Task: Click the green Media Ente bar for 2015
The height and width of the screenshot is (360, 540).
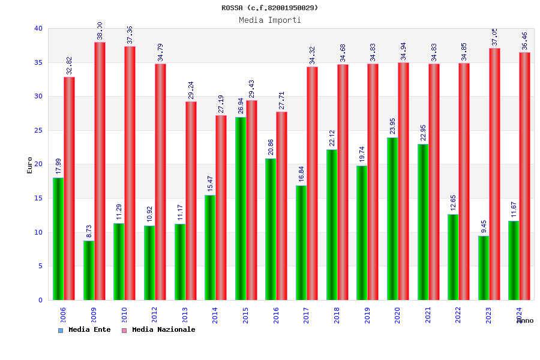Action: (241, 208)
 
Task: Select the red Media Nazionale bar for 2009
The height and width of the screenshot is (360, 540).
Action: (100, 171)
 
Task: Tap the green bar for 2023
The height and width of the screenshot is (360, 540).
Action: (484, 268)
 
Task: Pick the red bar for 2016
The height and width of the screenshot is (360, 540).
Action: (282, 206)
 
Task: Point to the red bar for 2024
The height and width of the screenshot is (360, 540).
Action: (525, 176)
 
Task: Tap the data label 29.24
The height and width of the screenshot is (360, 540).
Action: (191, 87)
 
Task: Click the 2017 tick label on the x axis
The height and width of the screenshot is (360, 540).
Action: (307, 316)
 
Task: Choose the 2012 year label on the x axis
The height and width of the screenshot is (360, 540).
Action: (155, 316)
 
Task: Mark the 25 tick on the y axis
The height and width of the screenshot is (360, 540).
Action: (38, 130)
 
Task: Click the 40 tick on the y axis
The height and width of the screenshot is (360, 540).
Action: (38, 28)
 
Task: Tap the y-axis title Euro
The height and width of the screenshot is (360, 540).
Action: (29, 164)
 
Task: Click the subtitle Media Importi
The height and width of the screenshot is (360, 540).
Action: (270, 20)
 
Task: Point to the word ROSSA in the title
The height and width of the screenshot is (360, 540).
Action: (232, 8)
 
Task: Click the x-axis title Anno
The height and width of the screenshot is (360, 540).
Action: (525, 320)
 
